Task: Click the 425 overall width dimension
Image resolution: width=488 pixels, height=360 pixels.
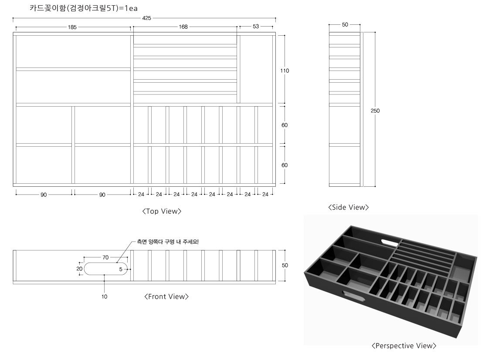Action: (x=146, y=18)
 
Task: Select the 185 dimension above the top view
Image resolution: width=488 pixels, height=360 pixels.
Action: (x=72, y=27)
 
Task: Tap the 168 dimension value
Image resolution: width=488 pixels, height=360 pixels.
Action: (x=183, y=27)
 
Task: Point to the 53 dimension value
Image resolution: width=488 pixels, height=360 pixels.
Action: (x=256, y=27)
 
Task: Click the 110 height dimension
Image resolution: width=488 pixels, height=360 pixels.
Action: (x=285, y=71)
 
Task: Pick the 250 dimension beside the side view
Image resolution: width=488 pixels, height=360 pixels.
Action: (x=375, y=111)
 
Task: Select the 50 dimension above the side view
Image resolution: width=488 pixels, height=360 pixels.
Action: (x=345, y=24)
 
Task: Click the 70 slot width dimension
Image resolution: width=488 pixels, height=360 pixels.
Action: (x=105, y=257)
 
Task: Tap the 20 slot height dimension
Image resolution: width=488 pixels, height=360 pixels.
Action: (x=79, y=269)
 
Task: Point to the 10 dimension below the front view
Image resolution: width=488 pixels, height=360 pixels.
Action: (x=104, y=296)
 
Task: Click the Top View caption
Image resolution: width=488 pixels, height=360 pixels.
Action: (x=162, y=211)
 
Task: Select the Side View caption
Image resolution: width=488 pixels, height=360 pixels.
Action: (x=348, y=207)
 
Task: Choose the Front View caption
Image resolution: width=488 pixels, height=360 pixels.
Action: (x=166, y=296)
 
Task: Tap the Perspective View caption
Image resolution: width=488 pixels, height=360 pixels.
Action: (x=404, y=346)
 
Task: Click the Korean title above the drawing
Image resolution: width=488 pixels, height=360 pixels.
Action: (x=83, y=8)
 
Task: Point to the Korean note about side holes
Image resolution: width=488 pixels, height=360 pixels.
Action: (x=168, y=242)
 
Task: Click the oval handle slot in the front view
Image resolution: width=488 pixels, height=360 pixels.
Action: (x=106, y=269)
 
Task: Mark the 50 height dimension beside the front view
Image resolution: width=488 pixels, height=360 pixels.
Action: (x=285, y=265)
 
